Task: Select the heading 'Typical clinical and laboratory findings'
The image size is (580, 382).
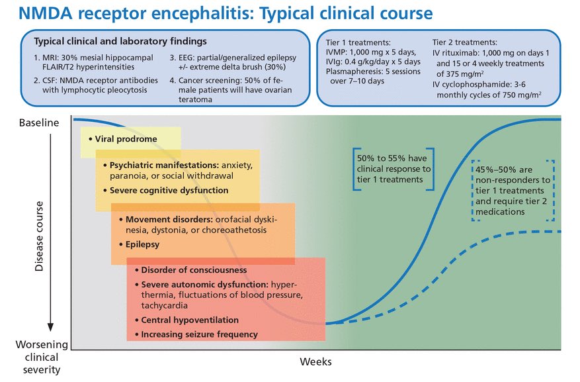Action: click(120, 42)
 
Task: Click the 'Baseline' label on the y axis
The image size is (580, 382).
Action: click(38, 123)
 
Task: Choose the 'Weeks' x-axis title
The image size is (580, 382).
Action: click(315, 362)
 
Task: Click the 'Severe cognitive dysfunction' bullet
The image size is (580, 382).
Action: click(165, 190)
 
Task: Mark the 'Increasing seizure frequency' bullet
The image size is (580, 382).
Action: click(199, 334)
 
